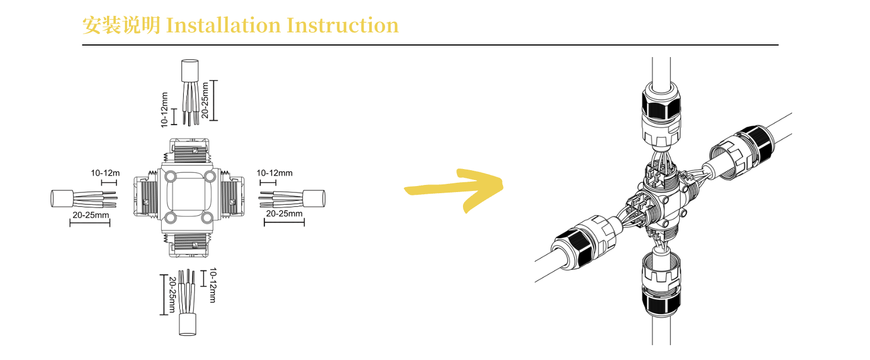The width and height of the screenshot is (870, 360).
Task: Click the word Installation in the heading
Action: pos(223,26)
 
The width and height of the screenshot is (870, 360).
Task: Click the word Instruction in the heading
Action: pos(342,26)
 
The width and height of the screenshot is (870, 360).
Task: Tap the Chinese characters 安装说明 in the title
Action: pos(121,26)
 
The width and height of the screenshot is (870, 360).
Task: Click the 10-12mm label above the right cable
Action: pos(274,173)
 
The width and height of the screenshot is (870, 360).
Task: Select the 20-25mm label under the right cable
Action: pos(284,213)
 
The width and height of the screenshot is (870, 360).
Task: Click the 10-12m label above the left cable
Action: pos(105,173)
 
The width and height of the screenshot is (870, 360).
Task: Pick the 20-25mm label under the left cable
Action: pos(91,215)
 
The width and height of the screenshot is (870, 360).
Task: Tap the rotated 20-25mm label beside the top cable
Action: pos(205,100)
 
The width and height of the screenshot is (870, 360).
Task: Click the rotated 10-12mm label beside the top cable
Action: pos(164,110)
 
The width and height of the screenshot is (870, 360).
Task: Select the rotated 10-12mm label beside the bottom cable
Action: pos(213,285)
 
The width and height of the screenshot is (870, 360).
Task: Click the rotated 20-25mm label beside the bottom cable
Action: pos(172,295)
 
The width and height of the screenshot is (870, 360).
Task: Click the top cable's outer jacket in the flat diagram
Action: pos(190,71)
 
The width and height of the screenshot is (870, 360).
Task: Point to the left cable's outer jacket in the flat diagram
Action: pos(62,199)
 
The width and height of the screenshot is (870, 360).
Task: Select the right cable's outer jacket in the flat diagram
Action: pos(314,199)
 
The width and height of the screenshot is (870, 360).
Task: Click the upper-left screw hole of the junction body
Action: pos(171,177)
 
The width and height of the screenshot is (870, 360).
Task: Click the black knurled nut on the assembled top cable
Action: pos(661,104)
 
